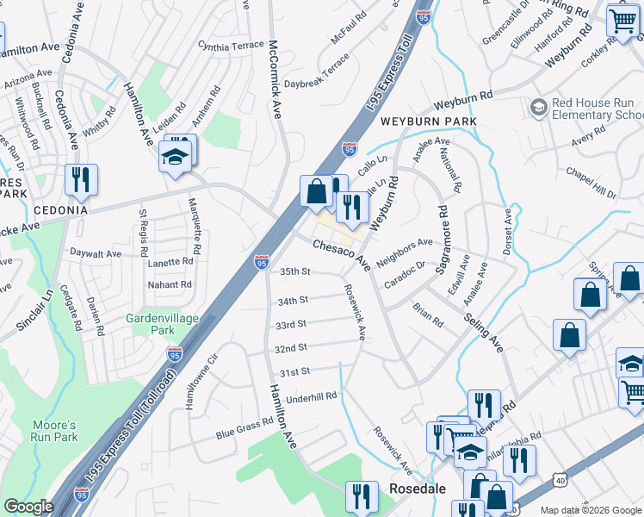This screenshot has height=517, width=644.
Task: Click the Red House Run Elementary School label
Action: (x=595, y=109)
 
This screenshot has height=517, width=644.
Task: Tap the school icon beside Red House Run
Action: (x=540, y=108)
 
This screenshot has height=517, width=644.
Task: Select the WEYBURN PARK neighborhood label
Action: (x=428, y=122)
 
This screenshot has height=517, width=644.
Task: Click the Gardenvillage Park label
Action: (x=162, y=324)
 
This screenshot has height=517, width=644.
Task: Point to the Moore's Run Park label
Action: (x=55, y=431)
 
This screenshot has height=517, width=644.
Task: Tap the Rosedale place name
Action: (x=418, y=488)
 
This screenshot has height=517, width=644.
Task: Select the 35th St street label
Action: (x=294, y=271)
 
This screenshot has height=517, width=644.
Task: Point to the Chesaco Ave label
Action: (x=341, y=256)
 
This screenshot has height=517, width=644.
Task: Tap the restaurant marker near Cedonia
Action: (x=82, y=179)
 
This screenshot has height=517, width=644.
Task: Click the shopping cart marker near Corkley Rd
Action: (x=622, y=21)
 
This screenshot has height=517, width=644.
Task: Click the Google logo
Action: (x=28, y=507)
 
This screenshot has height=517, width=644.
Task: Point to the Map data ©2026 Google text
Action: (x=590, y=510)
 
